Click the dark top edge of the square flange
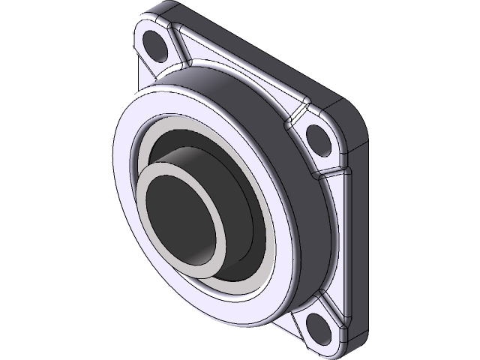pos(255,37)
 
